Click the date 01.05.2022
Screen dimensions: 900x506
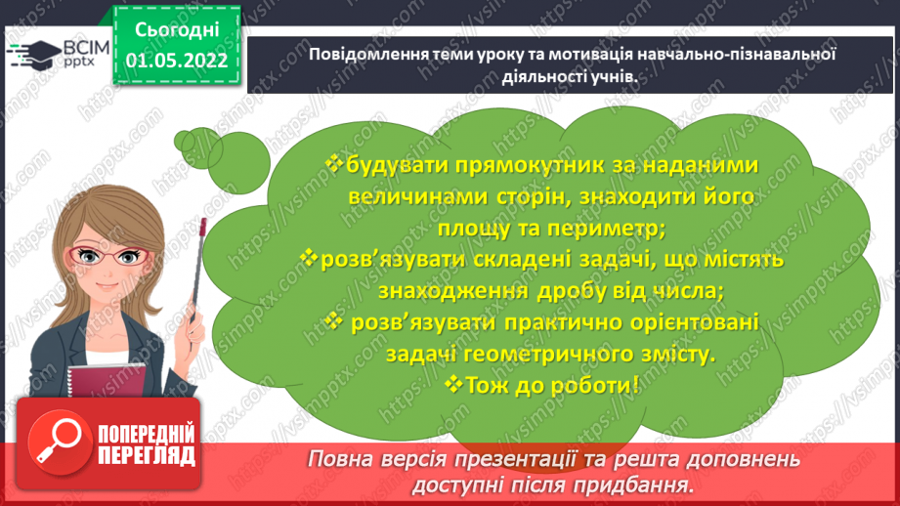coord(176,61)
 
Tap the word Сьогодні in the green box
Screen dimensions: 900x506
coord(177,30)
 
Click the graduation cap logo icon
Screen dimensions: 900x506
coord(33,55)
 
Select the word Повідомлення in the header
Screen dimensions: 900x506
coord(367,55)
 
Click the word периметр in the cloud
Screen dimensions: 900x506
coord(606,229)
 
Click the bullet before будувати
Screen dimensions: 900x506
coord(333,163)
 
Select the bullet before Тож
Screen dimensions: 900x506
coord(453,383)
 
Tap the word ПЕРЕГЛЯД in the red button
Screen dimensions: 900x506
coord(147,456)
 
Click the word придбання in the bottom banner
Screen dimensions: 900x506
coord(632,485)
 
